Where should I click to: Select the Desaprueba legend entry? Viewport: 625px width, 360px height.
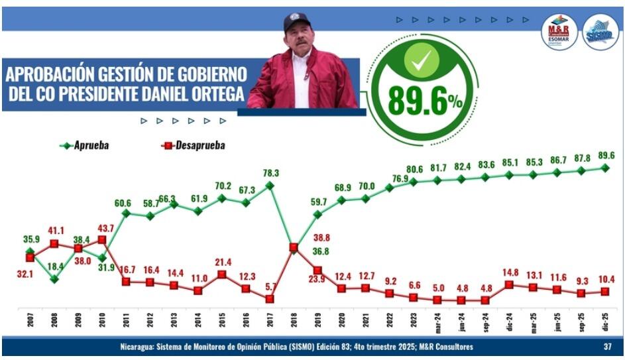click(x=192, y=145)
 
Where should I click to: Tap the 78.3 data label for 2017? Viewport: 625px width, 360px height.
click(x=270, y=173)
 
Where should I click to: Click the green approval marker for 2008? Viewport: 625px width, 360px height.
click(x=54, y=279)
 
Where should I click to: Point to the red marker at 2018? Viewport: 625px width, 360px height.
click(x=294, y=247)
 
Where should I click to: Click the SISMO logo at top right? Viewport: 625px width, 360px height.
click(x=600, y=32)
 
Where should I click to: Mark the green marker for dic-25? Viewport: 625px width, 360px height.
click(x=604, y=168)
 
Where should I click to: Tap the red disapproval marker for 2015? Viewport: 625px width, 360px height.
click(x=222, y=274)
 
